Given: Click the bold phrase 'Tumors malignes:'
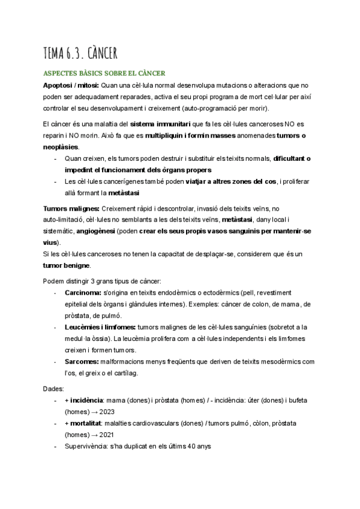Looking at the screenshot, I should pyautogui.click(x=68, y=208).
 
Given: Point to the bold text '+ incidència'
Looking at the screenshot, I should pyautogui.click(x=83, y=400).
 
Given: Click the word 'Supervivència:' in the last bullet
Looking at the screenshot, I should pyautogui.click(x=88, y=447).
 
